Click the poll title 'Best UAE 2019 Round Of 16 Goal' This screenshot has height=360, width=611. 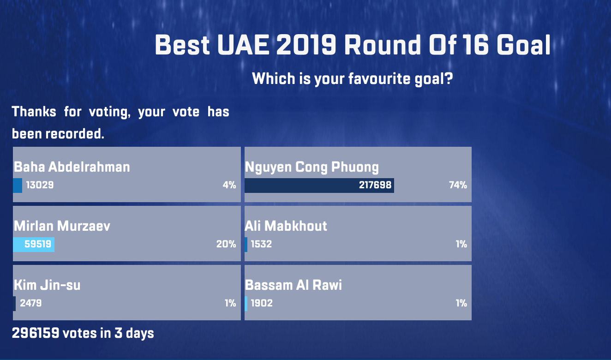coord(353,45)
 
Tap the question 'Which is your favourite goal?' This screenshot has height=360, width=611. coord(353,79)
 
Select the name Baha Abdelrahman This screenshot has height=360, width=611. coord(72,167)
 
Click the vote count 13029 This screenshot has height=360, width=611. coord(40,185)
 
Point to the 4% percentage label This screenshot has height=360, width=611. coord(229,185)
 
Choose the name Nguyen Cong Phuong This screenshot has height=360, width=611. coord(312,168)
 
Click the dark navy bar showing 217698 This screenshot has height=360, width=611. coord(319,186)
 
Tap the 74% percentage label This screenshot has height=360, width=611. coord(458,185)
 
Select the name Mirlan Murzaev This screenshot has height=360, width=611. coord(62,226)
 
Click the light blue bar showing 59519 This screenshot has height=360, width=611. coord(34,244)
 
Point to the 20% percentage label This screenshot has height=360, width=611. coord(226,244)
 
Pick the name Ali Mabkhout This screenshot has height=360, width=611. coord(286,226)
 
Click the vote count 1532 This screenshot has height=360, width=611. coord(261,244)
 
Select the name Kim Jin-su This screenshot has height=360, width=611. coord(47,285)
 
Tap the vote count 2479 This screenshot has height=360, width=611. coord(31,303)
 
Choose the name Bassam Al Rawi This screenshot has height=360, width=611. coord(293,285)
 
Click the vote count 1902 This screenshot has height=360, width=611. coord(262,303)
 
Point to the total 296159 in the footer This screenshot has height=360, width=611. coord(36,333)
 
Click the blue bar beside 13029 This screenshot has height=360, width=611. coord(18,186)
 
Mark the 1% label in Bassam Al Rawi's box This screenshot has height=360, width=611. coord(461,303)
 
